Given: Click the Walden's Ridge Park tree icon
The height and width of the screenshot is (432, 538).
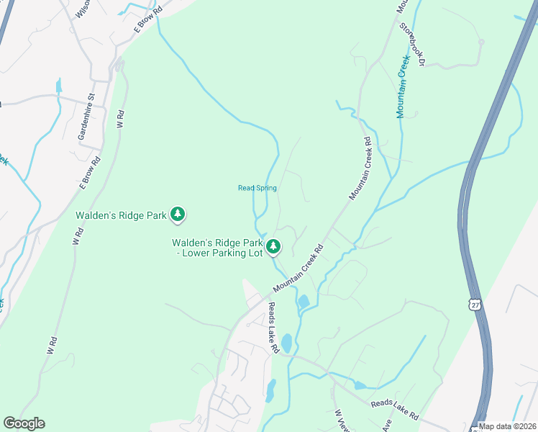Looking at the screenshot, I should pos(178,214).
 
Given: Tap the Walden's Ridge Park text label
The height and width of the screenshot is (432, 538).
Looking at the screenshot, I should pos(121,214).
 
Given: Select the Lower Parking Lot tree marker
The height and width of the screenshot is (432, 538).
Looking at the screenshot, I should pos(273,248).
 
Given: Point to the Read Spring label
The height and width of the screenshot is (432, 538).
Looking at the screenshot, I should pos(257,188).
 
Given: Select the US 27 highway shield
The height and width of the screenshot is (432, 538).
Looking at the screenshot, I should pos(475,304).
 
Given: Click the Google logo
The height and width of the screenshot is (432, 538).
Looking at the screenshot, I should pos(24,423).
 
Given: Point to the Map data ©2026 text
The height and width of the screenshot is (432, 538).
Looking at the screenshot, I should pos(508,426).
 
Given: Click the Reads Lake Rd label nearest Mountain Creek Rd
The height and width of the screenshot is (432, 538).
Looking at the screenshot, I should pos(273,327).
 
